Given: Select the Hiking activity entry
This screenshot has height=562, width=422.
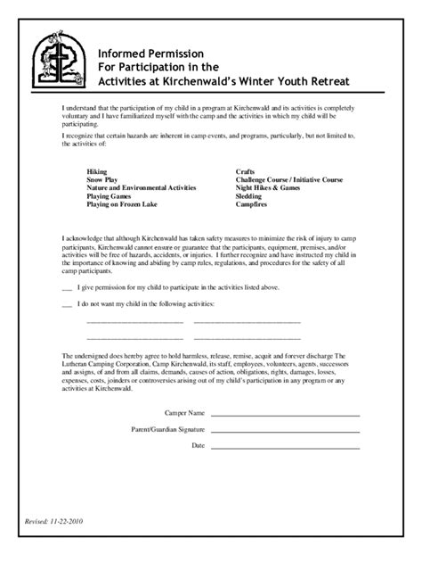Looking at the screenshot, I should (x=97, y=170).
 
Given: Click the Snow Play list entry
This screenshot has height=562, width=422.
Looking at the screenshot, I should (x=103, y=179).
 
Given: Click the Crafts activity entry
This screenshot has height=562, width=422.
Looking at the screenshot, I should (x=246, y=170).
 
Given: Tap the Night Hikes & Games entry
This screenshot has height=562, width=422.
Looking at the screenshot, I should (x=268, y=187).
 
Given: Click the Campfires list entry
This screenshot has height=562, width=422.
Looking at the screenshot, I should (x=253, y=204).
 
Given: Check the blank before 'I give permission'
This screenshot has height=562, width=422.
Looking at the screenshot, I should (x=66, y=288).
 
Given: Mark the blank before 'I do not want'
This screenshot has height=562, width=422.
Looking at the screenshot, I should (x=66, y=305).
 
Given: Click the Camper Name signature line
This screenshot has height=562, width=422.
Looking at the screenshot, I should (x=285, y=415).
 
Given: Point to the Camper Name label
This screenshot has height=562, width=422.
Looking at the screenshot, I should (x=185, y=414).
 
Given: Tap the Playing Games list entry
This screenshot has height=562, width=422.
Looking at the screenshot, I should (x=110, y=196).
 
